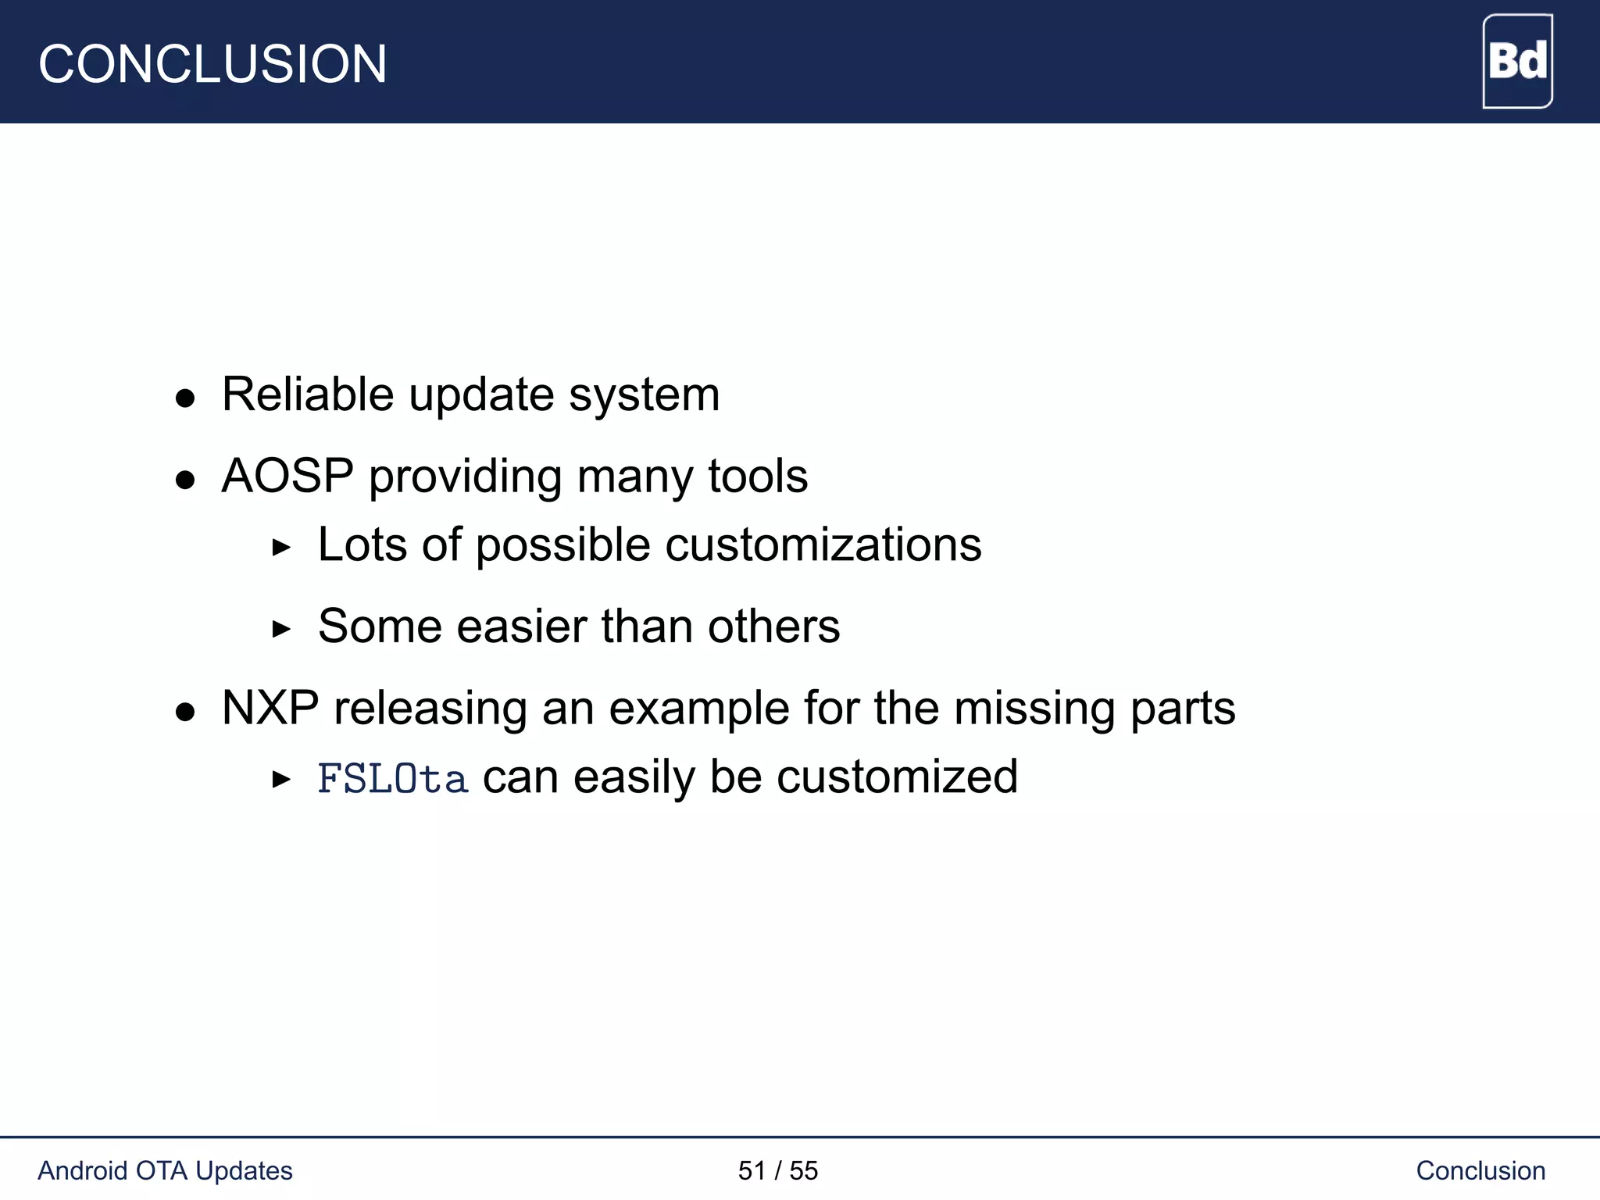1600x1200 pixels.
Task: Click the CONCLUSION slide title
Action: [x=212, y=64]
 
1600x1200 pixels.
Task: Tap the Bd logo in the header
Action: [x=1517, y=61]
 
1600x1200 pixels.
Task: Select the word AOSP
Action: [x=287, y=476]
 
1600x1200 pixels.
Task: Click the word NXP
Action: [x=270, y=709]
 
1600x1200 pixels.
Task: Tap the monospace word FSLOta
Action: [x=393, y=779]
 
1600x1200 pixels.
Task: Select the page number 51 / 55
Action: [x=777, y=1170]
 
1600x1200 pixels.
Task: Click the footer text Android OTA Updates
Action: [x=165, y=1170]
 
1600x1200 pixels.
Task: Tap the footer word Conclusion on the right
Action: [x=1480, y=1170]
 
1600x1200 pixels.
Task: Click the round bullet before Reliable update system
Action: [x=185, y=398]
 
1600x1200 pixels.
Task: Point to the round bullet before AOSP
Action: [x=185, y=480]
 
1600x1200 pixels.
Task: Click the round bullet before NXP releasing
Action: [x=185, y=712]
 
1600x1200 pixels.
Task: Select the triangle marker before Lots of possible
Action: [x=281, y=548]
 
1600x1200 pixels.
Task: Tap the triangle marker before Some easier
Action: [x=281, y=629]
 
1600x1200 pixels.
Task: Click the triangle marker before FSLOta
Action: [x=281, y=780]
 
